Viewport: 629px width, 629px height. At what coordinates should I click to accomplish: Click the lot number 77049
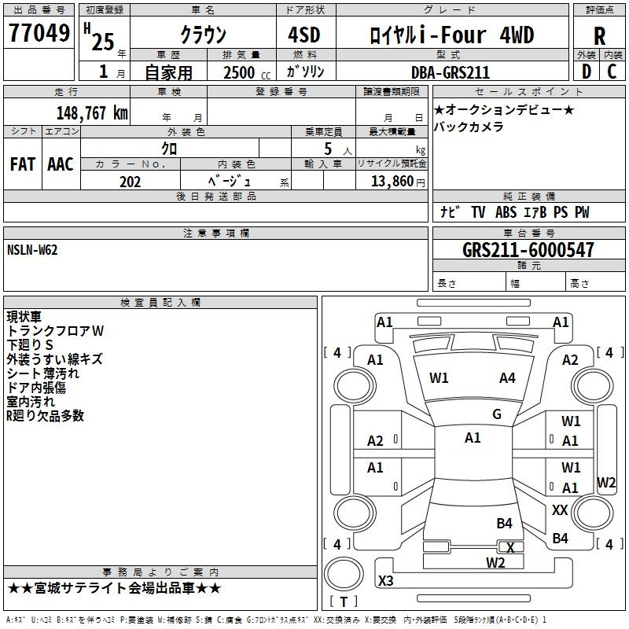[39, 35]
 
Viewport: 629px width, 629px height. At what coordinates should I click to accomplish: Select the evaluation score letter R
[599, 36]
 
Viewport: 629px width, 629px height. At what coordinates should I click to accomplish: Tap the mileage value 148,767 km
[92, 112]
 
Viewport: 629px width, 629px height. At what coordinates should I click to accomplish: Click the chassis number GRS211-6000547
[528, 251]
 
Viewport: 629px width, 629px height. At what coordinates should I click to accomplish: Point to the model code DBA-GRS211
[451, 72]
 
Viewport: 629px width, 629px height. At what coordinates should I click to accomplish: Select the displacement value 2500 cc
[241, 72]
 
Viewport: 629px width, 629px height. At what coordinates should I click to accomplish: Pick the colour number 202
[130, 182]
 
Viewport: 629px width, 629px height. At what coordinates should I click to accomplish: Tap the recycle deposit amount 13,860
[392, 182]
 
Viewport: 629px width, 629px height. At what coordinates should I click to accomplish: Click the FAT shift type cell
[23, 164]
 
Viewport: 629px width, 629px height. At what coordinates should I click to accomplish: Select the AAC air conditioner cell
[61, 164]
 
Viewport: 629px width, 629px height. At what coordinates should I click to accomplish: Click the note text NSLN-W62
[32, 250]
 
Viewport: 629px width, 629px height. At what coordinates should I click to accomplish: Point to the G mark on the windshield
[497, 414]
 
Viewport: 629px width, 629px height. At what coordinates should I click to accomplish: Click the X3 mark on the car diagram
[386, 581]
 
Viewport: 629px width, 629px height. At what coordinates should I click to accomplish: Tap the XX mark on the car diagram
[560, 510]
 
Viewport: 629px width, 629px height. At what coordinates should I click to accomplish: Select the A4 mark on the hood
[507, 378]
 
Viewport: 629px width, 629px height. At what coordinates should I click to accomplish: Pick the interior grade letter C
[612, 72]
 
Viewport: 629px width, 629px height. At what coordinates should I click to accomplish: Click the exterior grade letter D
[586, 72]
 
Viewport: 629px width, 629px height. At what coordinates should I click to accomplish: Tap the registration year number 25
[103, 41]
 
